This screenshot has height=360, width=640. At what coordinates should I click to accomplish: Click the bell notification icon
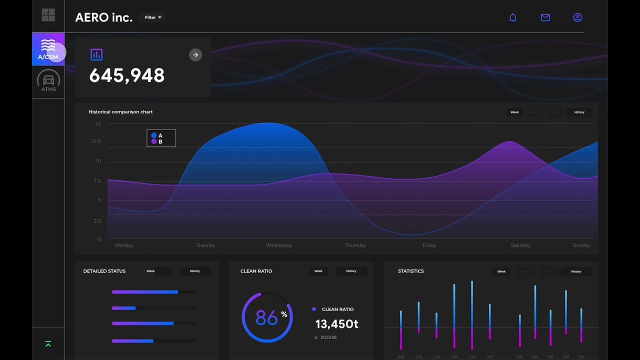[512, 17]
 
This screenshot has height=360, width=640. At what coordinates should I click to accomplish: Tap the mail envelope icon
[545, 17]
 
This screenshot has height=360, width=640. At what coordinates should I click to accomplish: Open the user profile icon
[577, 17]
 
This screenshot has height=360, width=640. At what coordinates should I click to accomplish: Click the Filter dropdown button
[152, 17]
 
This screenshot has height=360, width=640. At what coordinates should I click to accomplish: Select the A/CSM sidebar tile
[48, 49]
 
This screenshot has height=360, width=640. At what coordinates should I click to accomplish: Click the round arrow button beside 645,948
[195, 55]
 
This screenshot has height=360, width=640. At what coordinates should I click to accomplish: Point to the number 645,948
[126, 75]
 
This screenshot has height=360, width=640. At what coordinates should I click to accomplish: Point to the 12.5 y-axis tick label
[96, 141]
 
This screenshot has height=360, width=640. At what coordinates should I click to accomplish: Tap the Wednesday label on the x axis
[279, 245]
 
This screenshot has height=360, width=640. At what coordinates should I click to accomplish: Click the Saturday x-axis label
[520, 245]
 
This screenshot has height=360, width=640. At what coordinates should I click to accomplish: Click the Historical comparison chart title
[120, 112]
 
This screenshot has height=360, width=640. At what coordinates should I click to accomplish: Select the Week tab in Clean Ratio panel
[318, 271]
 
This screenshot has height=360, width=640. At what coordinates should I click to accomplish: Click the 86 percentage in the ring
[266, 317]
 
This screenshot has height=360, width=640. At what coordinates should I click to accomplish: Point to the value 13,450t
[336, 324]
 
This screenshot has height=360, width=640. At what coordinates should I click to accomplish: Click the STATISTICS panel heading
[410, 271]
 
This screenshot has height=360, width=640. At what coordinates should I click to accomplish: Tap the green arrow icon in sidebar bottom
[48, 344]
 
